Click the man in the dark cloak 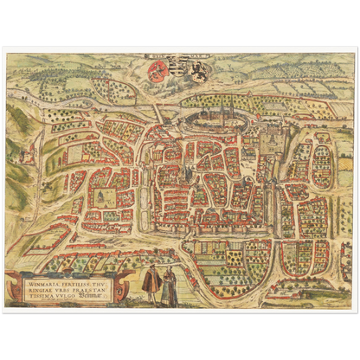(x=151, y=283)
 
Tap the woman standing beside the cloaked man (x=169, y=285)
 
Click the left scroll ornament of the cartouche (x=11, y=286)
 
